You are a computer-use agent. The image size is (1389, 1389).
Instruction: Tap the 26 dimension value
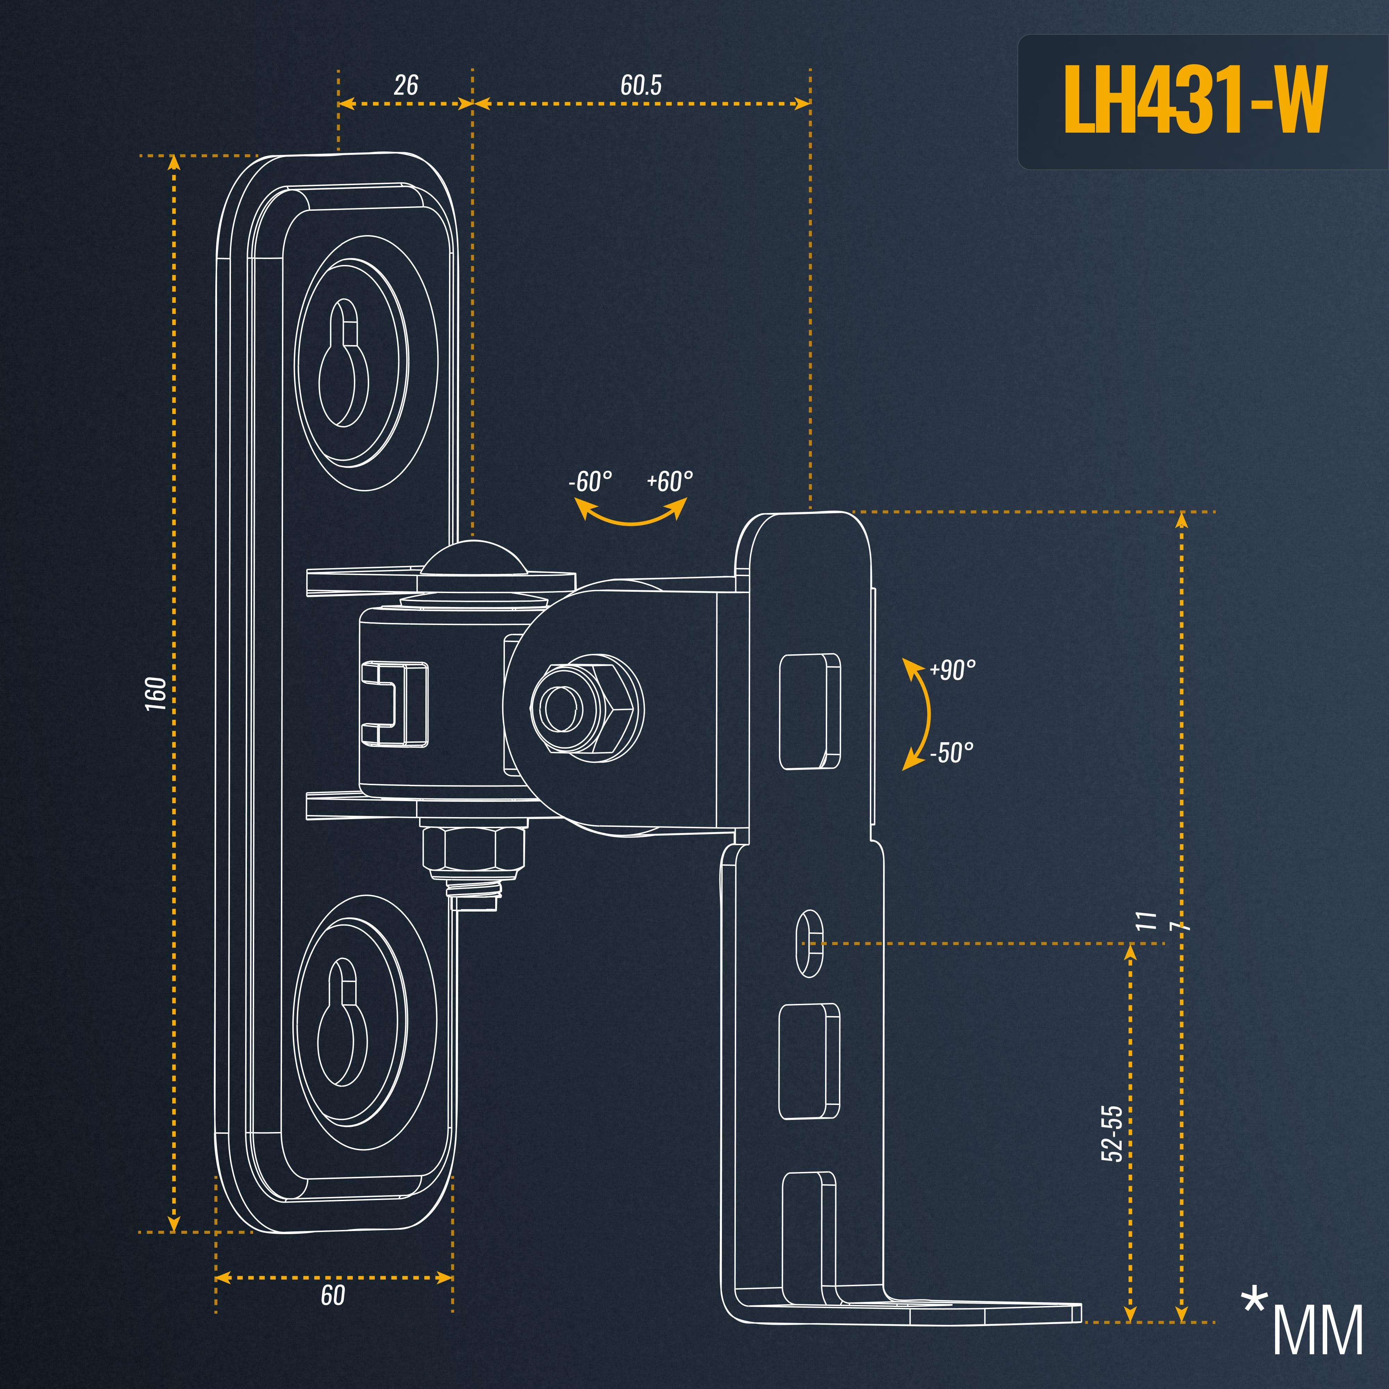(406, 85)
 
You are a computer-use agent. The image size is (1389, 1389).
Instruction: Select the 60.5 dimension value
(641, 85)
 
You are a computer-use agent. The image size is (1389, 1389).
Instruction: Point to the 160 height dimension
(155, 694)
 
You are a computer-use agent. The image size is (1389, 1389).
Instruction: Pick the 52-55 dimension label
(1112, 1134)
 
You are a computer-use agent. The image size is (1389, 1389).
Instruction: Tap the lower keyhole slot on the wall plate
(343, 1021)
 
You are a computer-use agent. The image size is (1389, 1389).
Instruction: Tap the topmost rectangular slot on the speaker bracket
(810, 711)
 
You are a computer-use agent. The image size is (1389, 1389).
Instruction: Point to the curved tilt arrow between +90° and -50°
(919, 714)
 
